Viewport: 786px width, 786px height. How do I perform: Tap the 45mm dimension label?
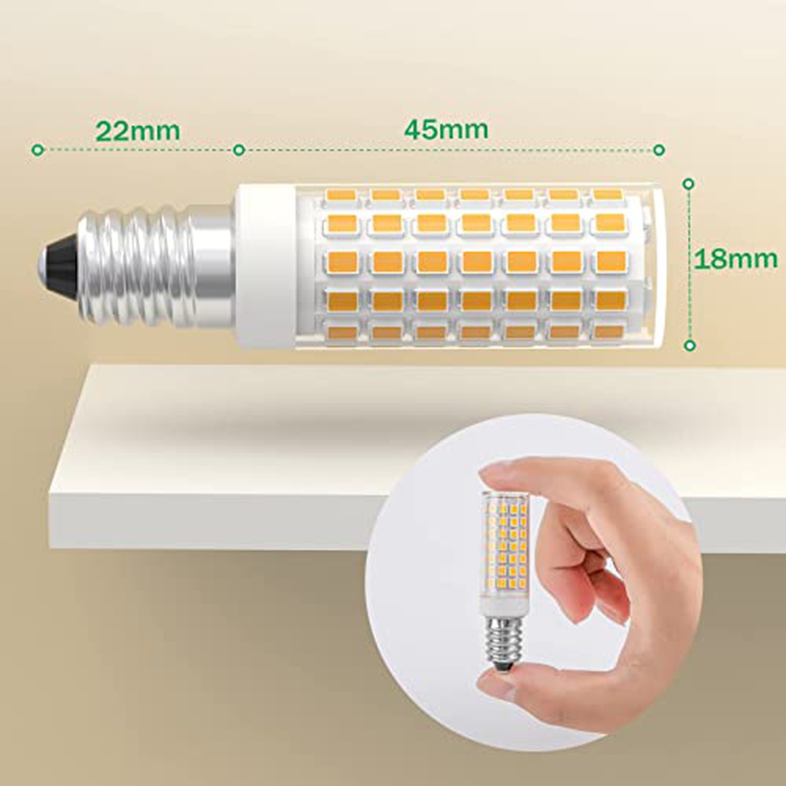[446, 129]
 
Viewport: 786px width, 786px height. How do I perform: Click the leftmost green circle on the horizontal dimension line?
[37, 150]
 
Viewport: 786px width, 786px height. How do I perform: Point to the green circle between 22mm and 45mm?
[240, 150]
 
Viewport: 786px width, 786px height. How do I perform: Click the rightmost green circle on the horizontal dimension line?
[659, 150]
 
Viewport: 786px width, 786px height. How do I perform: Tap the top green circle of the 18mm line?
[689, 184]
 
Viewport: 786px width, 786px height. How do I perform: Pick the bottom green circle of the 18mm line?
[689, 345]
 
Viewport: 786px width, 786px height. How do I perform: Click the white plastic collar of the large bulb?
[265, 267]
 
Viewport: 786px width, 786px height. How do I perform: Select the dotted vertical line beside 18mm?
[689, 265]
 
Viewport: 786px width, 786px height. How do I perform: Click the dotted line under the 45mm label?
[449, 150]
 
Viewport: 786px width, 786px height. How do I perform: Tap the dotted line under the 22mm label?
[139, 150]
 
